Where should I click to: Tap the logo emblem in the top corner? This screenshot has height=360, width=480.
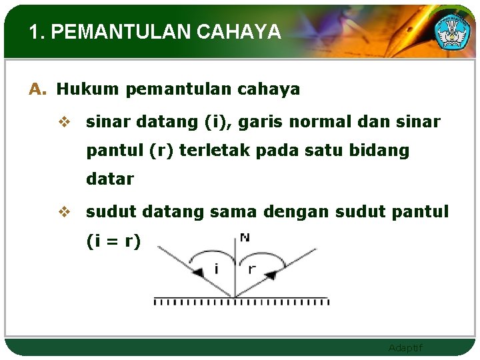point(452,30)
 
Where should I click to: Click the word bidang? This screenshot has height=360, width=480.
point(381,151)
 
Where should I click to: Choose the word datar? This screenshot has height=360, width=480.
point(110,179)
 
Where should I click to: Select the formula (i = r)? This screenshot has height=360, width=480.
point(113,241)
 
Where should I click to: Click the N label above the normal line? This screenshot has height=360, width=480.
point(244,237)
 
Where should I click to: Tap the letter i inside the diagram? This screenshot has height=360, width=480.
point(215,269)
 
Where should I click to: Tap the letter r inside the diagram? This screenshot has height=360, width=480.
point(252,269)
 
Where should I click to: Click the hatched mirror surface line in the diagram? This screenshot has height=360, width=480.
point(241,301)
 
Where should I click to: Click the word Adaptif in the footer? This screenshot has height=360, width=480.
point(405,348)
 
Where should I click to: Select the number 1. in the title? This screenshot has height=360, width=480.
point(37,32)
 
